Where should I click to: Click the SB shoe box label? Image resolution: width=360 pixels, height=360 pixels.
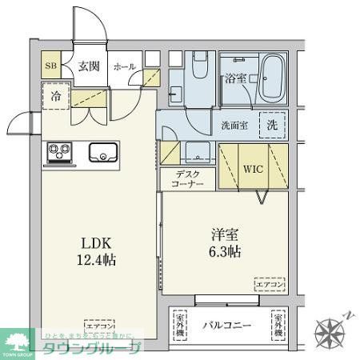tap(50, 67)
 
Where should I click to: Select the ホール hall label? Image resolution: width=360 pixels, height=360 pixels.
tap(124, 67)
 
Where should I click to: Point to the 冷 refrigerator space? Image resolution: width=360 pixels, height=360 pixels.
tap(55, 94)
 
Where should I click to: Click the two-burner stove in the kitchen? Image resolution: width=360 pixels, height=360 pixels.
tap(60, 150)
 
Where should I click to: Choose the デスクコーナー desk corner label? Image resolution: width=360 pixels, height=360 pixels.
tap(187, 179)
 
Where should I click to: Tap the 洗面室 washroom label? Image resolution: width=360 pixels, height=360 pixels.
tap(234, 125)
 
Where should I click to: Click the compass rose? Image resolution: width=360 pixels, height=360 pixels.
tap(330, 329)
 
